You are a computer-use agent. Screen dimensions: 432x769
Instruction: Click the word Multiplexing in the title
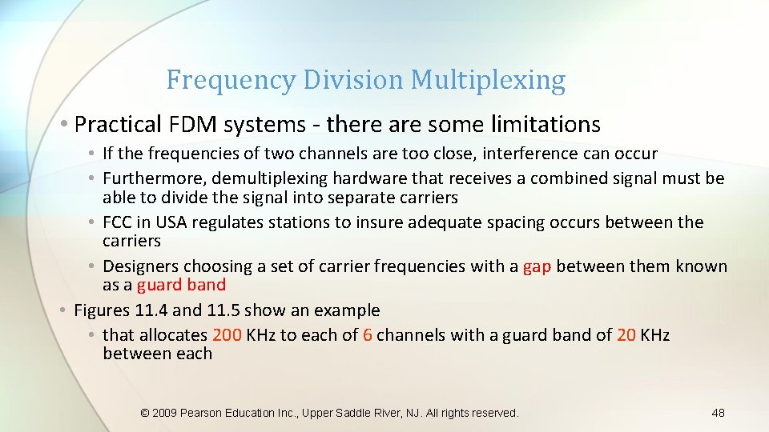tap(488, 81)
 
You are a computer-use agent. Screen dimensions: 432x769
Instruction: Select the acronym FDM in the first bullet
tap(190, 125)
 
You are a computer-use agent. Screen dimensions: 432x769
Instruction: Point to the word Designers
tap(140, 266)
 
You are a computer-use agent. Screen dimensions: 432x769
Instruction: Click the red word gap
tap(537, 266)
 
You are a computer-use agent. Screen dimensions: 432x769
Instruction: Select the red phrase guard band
tap(182, 285)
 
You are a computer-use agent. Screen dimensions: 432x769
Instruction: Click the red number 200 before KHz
tap(227, 335)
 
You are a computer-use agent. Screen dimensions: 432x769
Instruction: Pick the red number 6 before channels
tap(367, 335)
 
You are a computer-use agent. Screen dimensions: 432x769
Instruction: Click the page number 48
tap(718, 413)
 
